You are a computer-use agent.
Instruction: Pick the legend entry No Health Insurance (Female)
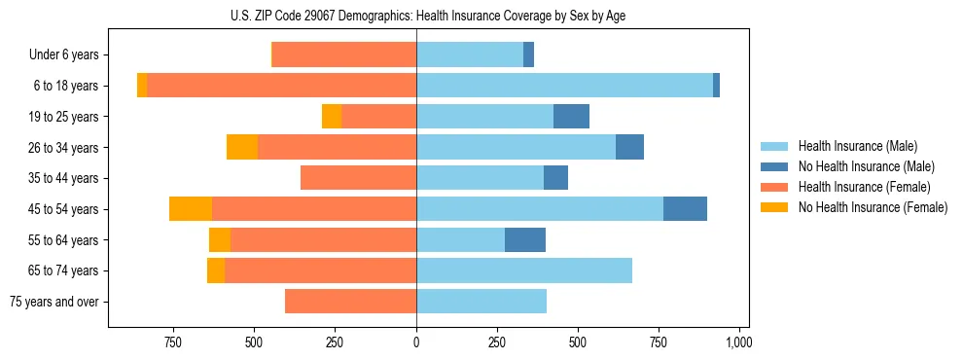(x=872, y=207)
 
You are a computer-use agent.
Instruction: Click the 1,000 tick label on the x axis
(x=738, y=342)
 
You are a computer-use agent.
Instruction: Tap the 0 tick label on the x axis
(x=416, y=342)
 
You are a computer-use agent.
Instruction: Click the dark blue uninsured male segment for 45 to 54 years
(x=685, y=209)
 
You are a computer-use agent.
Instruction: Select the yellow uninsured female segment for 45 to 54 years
(x=191, y=209)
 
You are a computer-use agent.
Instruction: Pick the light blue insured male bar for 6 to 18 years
(x=564, y=86)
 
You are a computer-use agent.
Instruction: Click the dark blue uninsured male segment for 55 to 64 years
(x=525, y=240)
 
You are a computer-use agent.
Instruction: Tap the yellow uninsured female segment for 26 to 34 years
(x=242, y=147)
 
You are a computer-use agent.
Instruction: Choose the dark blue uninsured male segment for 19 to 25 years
(x=571, y=117)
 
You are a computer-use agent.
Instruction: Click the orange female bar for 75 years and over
(x=350, y=302)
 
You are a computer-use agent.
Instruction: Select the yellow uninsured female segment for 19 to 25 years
(x=332, y=117)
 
